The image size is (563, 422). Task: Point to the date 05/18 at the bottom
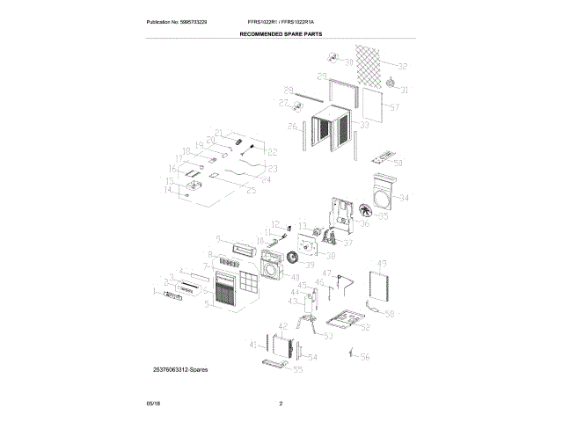153,404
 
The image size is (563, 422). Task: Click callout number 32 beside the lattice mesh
403,67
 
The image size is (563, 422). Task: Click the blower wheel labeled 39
309,265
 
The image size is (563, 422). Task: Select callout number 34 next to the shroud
404,198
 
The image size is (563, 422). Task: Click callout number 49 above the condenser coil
382,264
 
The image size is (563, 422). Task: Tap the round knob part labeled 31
389,84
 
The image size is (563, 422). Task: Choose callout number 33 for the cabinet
364,126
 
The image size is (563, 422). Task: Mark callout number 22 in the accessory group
272,152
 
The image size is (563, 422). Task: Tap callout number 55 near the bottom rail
297,371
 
